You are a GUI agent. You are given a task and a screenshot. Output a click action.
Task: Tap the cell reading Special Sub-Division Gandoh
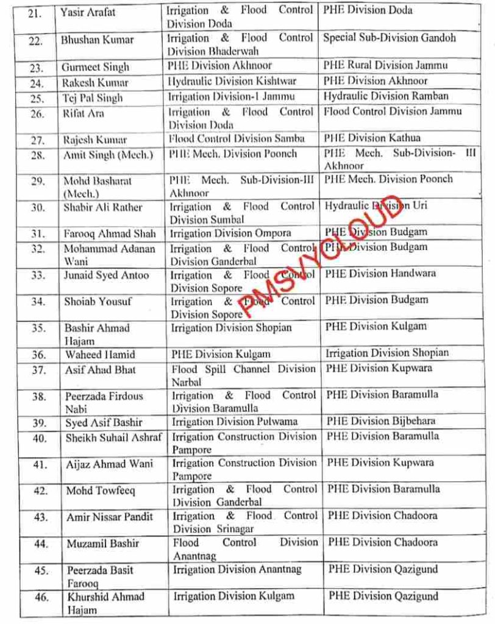tap(389, 38)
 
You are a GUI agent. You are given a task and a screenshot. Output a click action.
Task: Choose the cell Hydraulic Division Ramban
tap(385, 96)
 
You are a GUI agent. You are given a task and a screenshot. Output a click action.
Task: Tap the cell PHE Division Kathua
tap(372, 138)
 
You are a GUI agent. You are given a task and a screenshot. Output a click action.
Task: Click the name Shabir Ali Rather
tap(103, 207)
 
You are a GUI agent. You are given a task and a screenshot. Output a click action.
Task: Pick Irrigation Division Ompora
tap(230, 233)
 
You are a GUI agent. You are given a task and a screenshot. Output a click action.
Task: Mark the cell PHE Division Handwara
tap(380, 274)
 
